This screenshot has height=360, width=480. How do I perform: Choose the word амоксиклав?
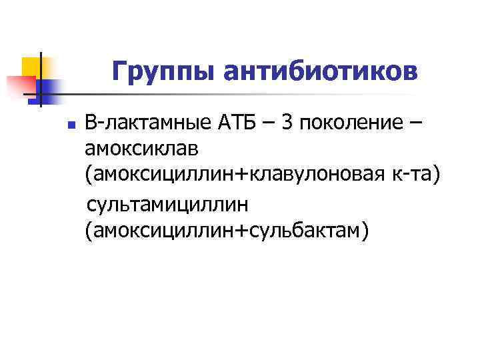[x=143, y=149]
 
